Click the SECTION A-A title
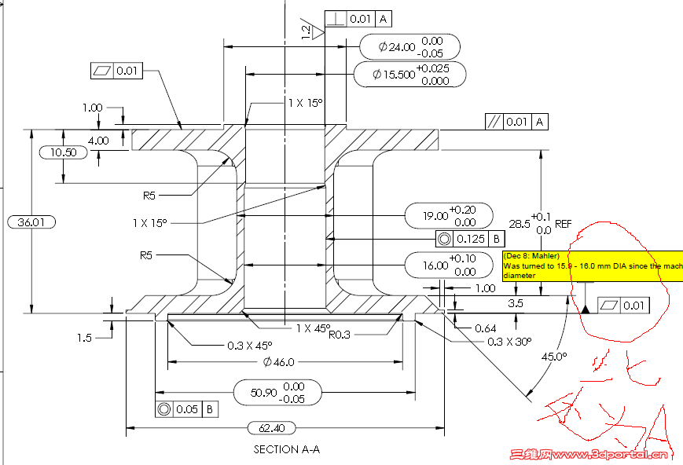pos(287,450)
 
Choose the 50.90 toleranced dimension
pos(278,393)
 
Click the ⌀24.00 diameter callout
pos(410,46)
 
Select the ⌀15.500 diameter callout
pos(409,75)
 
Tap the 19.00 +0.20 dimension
pos(448,215)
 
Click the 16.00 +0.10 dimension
pos(448,265)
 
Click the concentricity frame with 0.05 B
pos(186,409)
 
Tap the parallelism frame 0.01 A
pos(516,122)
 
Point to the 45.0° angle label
pos(553,357)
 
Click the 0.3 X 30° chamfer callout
pos(509,342)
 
